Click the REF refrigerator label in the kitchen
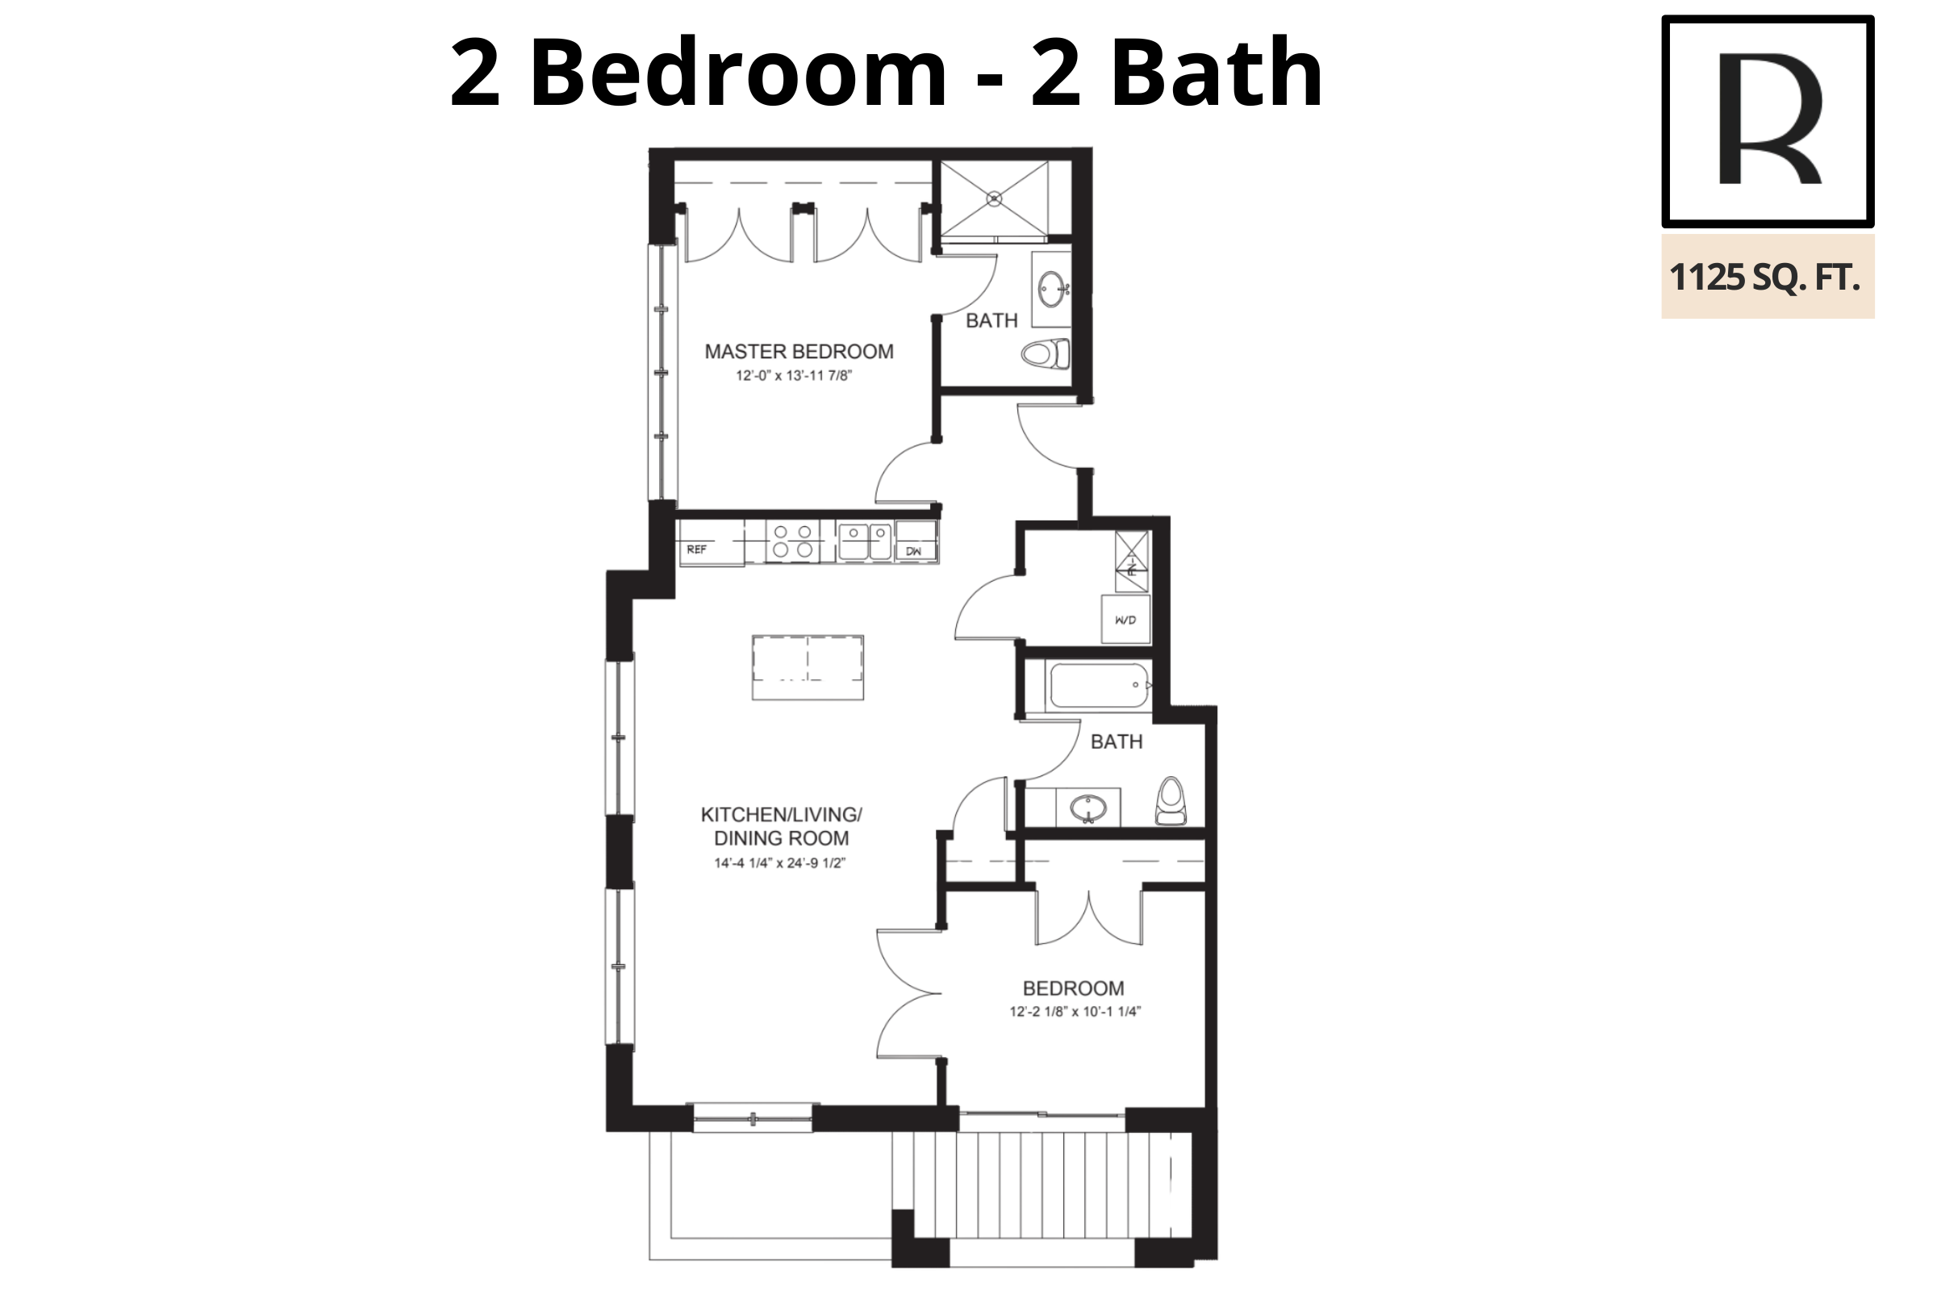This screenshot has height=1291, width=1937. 696,549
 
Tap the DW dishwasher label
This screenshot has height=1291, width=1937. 914,552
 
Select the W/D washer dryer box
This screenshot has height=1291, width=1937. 1125,619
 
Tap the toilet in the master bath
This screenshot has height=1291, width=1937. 1046,354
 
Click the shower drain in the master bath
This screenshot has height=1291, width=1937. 995,198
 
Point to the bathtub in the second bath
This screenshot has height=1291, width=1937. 1100,685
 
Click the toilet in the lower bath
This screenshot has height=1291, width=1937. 1171,801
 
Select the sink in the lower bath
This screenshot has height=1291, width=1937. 1088,808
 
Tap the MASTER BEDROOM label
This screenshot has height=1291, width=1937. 799,352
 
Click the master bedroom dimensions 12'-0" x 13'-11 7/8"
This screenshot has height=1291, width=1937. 794,376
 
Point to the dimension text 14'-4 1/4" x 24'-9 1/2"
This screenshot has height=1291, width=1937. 779,863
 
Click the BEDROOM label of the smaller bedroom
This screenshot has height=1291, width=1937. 1073,988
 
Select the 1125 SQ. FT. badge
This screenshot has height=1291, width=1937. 1768,277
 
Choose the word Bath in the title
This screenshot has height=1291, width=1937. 1217,73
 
